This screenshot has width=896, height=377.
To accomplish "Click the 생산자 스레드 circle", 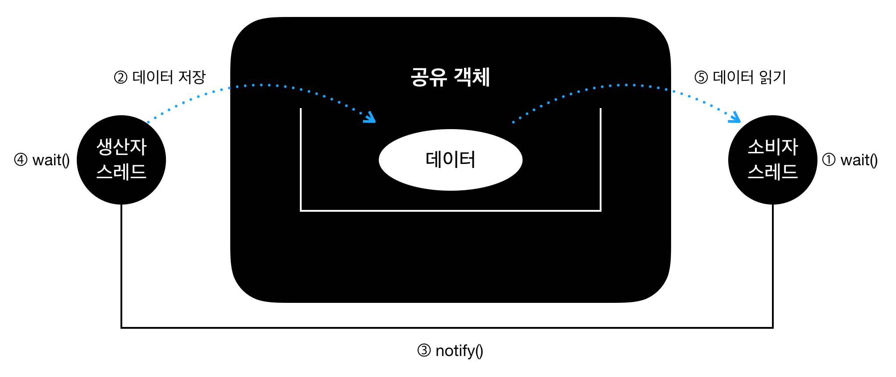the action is pyautogui.click(x=121, y=160).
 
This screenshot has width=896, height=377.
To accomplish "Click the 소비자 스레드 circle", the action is pyautogui.click(x=772, y=160).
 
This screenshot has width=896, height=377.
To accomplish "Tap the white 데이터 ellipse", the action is pyautogui.click(x=450, y=160).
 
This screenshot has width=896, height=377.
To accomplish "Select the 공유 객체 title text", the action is pyautogui.click(x=450, y=77).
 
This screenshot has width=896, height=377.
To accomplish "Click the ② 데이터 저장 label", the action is pyautogui.click(x=160, y=77).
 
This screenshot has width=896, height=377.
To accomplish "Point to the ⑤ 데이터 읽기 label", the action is pyautogui.click(x=740, y=77).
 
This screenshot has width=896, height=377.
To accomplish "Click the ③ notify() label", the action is pyautogui.click(x=450, y=351).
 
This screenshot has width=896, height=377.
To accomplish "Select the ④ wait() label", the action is pyautogui.click(x=42, y=160).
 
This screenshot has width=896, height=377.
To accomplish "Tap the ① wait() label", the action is pyautogui.click(x=850, y=160).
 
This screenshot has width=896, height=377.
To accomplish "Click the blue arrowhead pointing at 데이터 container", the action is pyautogui.click(x=370, y=118).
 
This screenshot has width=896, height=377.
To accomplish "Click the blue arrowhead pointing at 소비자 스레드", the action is pyautogui.click(x=735, y=118).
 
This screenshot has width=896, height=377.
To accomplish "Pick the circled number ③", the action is pyautogui.click(x=424, y=351).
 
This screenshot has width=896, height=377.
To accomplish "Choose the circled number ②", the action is pyautogui.click(x=120, y=78).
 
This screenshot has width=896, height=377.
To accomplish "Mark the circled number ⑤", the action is pyautogui.click(x=701, y=78).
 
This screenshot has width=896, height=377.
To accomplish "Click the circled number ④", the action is pyautogui.click(x=21, y=160).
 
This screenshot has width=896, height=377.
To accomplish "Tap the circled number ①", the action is pyautogui.click(x=829, y=160).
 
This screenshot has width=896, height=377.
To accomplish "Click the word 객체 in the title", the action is pyautogui.click(x=472, y=77).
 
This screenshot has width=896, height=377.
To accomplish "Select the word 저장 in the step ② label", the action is pyautogui.click(x=192, y=77).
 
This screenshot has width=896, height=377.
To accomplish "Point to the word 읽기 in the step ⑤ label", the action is pyautogui.click(x=772, y=77).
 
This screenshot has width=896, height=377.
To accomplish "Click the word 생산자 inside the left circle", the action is pyautogui.click(x=121, y=147).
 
